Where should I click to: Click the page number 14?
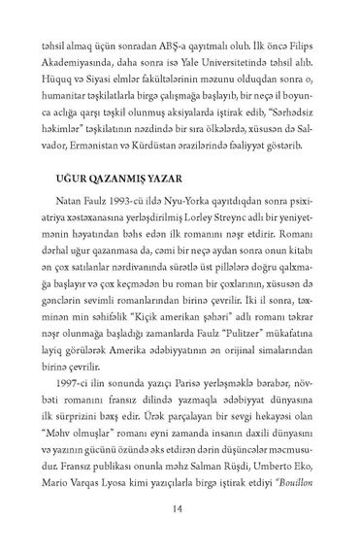pyautogui.click(x=180, y=511)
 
